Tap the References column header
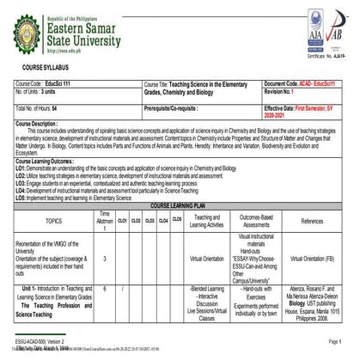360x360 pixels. click(311, 221)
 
